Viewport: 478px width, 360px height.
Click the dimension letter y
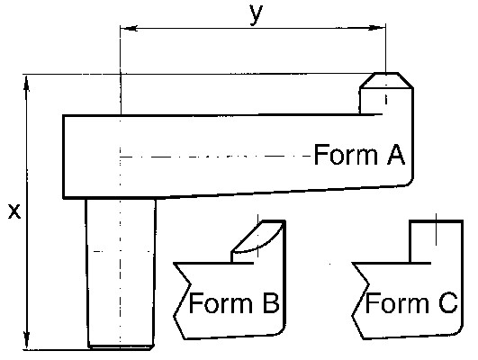click(256, 14)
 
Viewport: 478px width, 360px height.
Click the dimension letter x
click(14, 211)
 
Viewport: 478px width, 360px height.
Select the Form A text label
click(359, 155)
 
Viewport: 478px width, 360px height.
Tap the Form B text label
click(234, 302)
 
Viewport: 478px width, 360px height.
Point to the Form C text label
click(411, 302)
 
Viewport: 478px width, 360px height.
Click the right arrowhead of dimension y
click(377, 28)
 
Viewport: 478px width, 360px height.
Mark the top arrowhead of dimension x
click(27, 83)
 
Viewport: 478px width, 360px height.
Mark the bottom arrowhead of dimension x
click(27, 341)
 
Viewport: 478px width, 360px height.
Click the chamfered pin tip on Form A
click(386, 80)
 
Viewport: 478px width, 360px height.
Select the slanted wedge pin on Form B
click(258, 241)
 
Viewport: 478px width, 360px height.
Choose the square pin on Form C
click(436, 241)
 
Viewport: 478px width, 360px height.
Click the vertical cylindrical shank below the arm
click(121, 273)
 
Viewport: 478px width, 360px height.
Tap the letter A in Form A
click(396, 155)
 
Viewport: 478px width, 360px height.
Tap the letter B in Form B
click(271, 302)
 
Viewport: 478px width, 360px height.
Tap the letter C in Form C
click(448, 302)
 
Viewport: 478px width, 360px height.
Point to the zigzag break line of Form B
click(182, 301)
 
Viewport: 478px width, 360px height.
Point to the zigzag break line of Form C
click(360, 301)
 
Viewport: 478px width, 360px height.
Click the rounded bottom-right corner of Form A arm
click(409, 182)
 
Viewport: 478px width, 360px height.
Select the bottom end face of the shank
click(121, 347)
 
